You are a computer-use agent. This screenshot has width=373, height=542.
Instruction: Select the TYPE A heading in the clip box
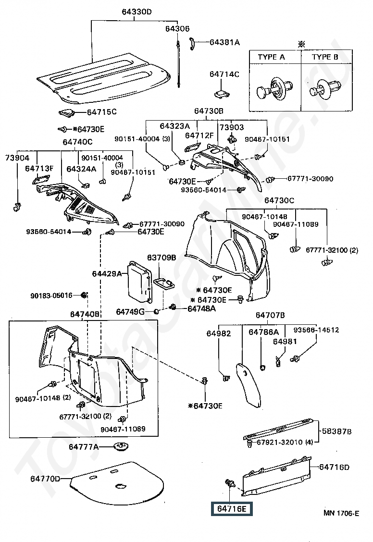(271, 57)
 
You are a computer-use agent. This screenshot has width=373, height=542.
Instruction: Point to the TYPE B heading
(325, 57)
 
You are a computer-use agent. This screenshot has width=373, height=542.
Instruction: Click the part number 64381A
(224, 42)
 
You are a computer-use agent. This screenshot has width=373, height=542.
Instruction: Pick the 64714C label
(224, 74)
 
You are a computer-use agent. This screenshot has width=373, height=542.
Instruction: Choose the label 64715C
(101, 112)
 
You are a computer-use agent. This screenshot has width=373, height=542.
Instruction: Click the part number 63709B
(162, 258)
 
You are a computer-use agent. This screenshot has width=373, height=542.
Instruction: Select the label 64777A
(84, 447)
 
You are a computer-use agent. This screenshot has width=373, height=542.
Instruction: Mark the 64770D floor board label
(46, 479)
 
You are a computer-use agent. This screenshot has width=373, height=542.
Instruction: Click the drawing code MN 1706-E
(341, 513)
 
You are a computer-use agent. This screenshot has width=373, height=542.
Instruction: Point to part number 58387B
(336, 431)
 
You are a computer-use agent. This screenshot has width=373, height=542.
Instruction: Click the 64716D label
(335, 467)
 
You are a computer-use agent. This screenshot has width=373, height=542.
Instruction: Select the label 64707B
(270, 315)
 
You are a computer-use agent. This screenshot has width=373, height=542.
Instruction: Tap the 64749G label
(130, 312)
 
